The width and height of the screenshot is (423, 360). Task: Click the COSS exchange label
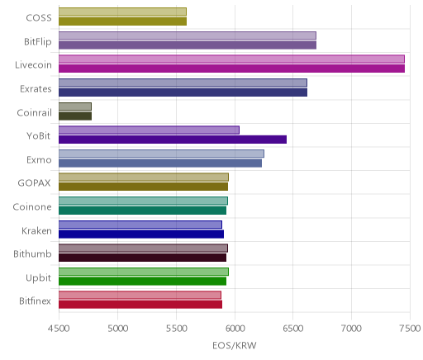(39, 17)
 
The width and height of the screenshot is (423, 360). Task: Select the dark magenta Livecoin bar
(231, 69)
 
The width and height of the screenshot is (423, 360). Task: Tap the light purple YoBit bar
(149, 130)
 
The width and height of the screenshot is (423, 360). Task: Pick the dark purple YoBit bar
(173, 140)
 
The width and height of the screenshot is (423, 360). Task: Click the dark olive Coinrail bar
(75, 116)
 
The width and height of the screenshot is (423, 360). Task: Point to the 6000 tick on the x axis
(235, 329)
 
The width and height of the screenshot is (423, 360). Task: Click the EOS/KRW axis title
(235, 345)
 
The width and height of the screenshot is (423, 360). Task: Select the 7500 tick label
(411, 329)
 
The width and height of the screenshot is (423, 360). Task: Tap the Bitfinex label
(35, 301)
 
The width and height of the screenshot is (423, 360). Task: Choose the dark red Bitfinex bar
(140, 305)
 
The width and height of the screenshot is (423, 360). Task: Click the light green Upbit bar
(144, 272)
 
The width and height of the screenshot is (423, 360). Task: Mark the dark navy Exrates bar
(183, 92)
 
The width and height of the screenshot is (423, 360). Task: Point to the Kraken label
(36, 230)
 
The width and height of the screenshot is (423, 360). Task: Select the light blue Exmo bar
(161, 154)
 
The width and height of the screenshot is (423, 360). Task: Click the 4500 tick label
(59, 329)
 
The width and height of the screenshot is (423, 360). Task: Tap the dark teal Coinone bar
(142, 211)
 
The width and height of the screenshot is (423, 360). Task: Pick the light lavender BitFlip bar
(188, 36)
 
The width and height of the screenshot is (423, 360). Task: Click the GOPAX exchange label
(34, 182)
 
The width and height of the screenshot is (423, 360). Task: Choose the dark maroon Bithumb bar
(142, 258)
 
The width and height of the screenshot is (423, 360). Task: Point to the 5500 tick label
(176, 329)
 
